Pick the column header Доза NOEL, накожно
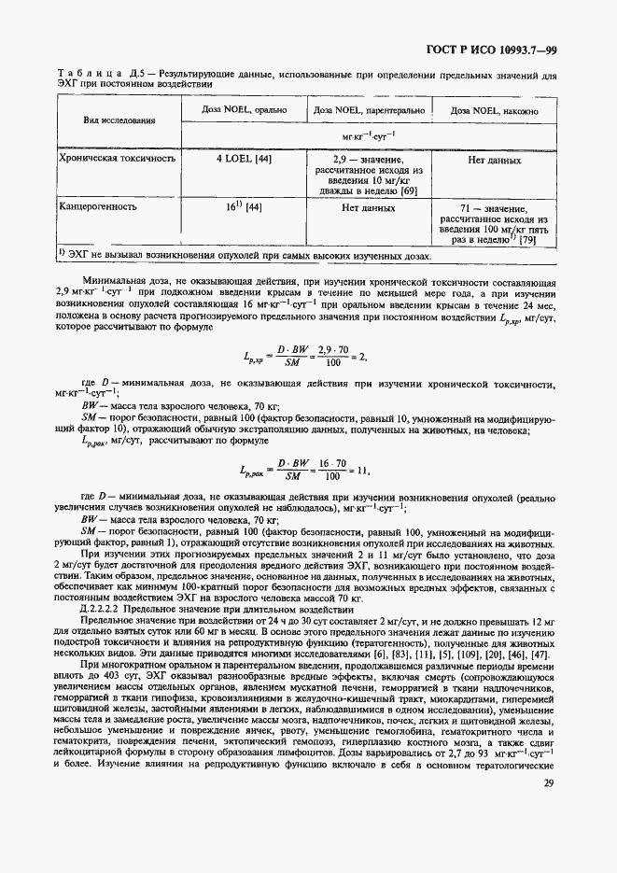tap(494, 110)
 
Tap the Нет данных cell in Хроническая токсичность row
tap(494, 160)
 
